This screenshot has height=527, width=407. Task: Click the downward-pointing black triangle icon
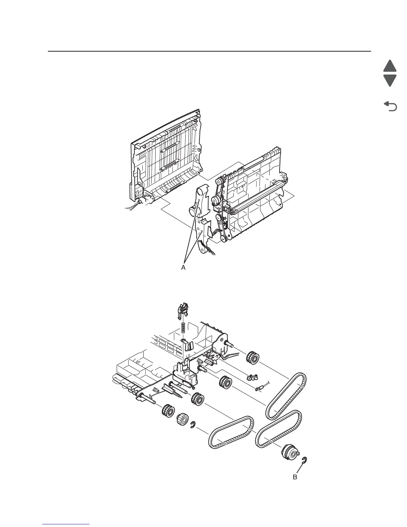pyautogui.click(x=390, y=81)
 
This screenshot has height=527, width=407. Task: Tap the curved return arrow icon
pyautogui.click(x=390, y=106)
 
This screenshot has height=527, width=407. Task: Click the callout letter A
pyautogui.click(x=183, y=268)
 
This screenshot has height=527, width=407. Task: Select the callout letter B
pyautogui.click(x=295, y=477)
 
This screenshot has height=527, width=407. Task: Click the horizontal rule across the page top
pyautogui.click(x=209, y=52)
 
